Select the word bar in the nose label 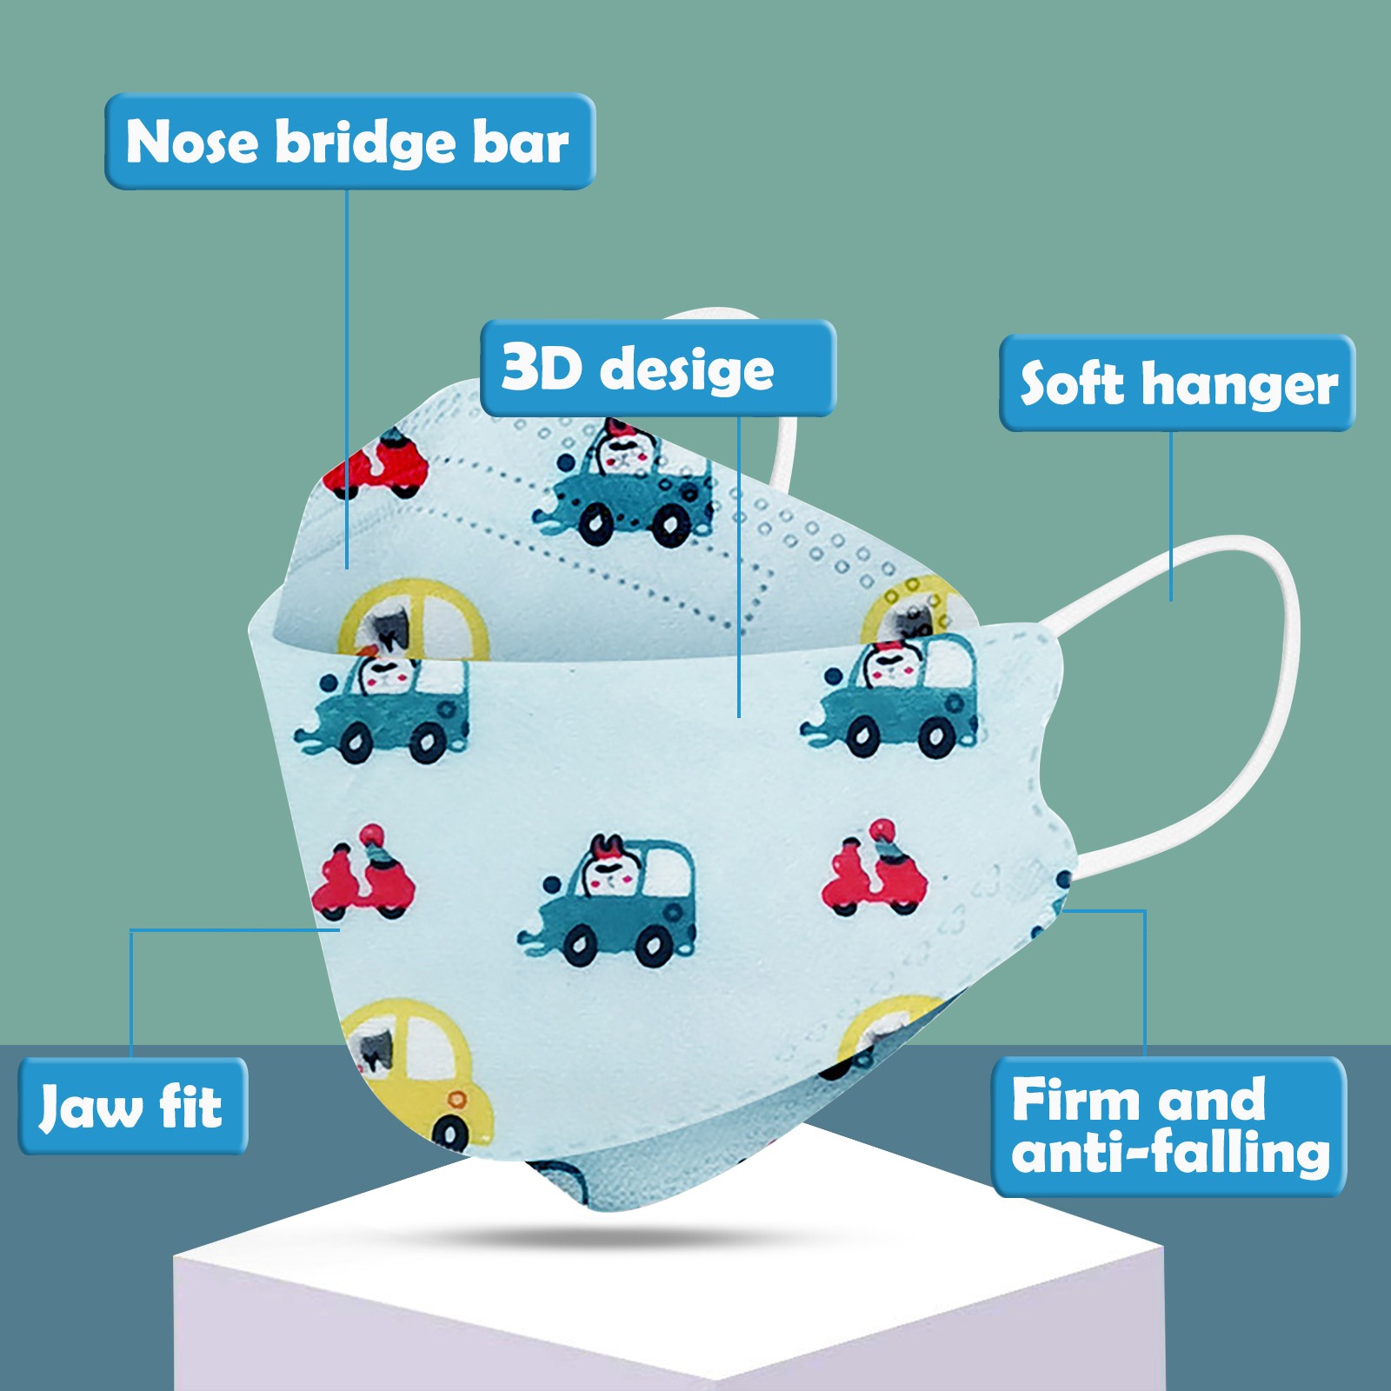(x=520, y=142)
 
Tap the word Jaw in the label (x=90, y=1107)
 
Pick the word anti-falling (x=1170, y=1153)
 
